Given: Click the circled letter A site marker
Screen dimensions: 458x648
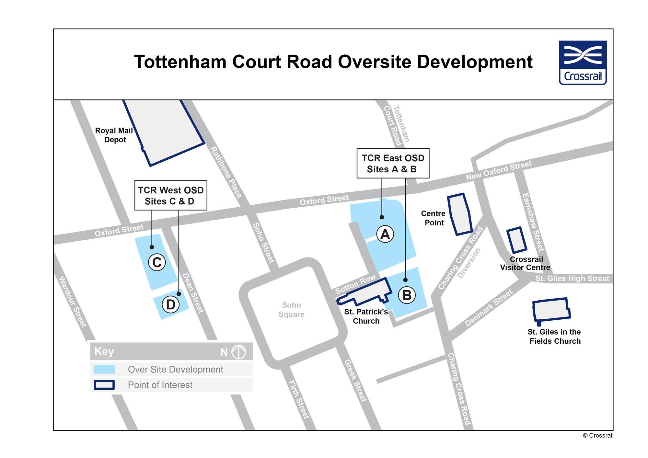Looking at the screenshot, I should tap(385, 234).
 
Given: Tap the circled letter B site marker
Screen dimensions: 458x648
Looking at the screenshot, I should tap(407, 295).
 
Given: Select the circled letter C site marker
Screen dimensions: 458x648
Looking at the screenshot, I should tap(157, 262).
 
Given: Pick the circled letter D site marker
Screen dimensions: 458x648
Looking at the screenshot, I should tap(170, 304).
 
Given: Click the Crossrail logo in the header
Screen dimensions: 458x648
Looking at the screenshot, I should tap(583, 63).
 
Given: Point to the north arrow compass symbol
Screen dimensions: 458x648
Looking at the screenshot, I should tap(239, 352).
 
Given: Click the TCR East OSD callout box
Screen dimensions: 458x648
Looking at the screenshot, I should tap(393, 163).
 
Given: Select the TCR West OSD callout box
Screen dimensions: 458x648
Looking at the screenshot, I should tap(170, 195).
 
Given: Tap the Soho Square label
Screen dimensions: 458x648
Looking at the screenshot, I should tap(291, 310).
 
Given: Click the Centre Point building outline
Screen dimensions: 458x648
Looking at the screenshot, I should tap(459, 214).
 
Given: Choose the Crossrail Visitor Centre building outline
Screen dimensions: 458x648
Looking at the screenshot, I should tap(516, 240).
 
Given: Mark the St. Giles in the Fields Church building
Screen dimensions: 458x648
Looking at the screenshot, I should tap(551, 310).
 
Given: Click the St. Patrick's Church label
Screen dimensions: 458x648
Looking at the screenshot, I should tap(366, 316).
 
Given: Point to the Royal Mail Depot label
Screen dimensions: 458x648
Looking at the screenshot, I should tap(114, 135).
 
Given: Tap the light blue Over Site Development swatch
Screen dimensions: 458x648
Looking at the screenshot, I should tap(104, 369).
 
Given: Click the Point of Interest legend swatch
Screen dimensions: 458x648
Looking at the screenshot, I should tap(104, 385).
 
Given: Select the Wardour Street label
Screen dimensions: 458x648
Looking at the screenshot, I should tap(73, 302).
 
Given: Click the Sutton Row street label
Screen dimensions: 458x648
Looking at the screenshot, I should tap(355, 284).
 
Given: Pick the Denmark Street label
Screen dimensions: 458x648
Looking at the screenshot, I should tap(489, 308).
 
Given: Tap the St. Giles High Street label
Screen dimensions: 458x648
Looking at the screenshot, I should tap(572, 279).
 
